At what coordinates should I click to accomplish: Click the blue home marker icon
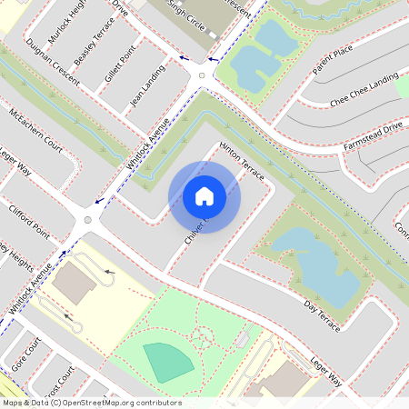click(x=204, y=195)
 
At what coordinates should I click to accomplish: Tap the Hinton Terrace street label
click(x=242, y=161)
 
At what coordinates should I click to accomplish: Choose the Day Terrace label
click(x=322, y=313)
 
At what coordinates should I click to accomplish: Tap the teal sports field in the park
click(x=168, y=362)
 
